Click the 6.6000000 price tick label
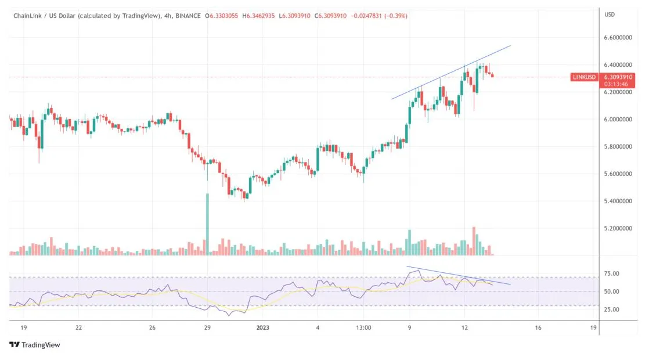[618, 38]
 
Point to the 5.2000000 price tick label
[618, 229]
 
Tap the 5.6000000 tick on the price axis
[618, 174]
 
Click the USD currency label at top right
[610, 15]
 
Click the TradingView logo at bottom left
[35, 345]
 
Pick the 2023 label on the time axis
[262, 327]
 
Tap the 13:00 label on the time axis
[363, 327]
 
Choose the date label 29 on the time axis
[207, 327]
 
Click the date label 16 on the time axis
[538, 327]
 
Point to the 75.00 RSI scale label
[612, 273]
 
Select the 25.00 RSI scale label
[612, 309]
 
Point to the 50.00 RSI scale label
[612, 291]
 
